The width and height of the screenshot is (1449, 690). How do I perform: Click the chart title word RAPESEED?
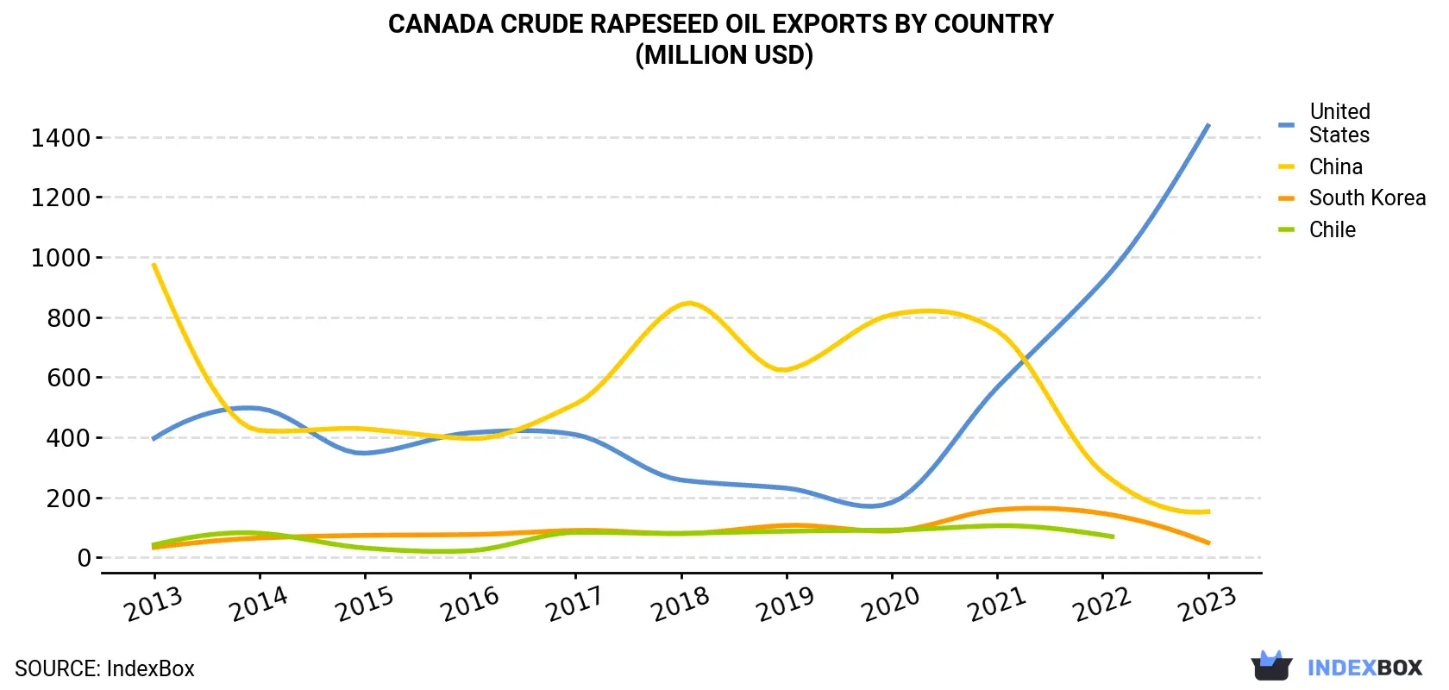click(653, 24)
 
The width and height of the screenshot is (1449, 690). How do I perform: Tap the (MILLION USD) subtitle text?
click(724, 55)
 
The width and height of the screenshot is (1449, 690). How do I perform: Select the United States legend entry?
click(1325, 122)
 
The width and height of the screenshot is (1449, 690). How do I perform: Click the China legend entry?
click(1321, 166)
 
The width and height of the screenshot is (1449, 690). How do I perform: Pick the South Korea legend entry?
click(1352, 198)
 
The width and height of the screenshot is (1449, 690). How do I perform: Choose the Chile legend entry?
click(1317, 229)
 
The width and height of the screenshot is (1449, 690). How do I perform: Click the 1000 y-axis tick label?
click(61, 258)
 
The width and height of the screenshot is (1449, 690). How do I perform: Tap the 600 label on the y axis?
click(69, 378)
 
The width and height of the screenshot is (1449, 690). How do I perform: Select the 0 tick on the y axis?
click(85, 558)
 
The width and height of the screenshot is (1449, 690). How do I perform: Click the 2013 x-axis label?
click(154, 605)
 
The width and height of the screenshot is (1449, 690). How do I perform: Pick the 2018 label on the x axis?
click(680, 605)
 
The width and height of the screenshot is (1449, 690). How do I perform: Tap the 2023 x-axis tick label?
click(1207, 605)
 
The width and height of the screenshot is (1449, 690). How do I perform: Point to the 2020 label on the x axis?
click(891, 605)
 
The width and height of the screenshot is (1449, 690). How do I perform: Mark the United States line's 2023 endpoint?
click(1208, 125)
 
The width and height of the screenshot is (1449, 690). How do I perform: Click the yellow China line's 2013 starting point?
click(154, 265)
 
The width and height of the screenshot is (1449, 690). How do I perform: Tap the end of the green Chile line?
click(1113, 536)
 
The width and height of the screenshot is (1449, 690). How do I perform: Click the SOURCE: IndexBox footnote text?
click(104, 668)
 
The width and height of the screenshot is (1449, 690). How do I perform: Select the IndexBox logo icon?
click(1271, 666)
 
